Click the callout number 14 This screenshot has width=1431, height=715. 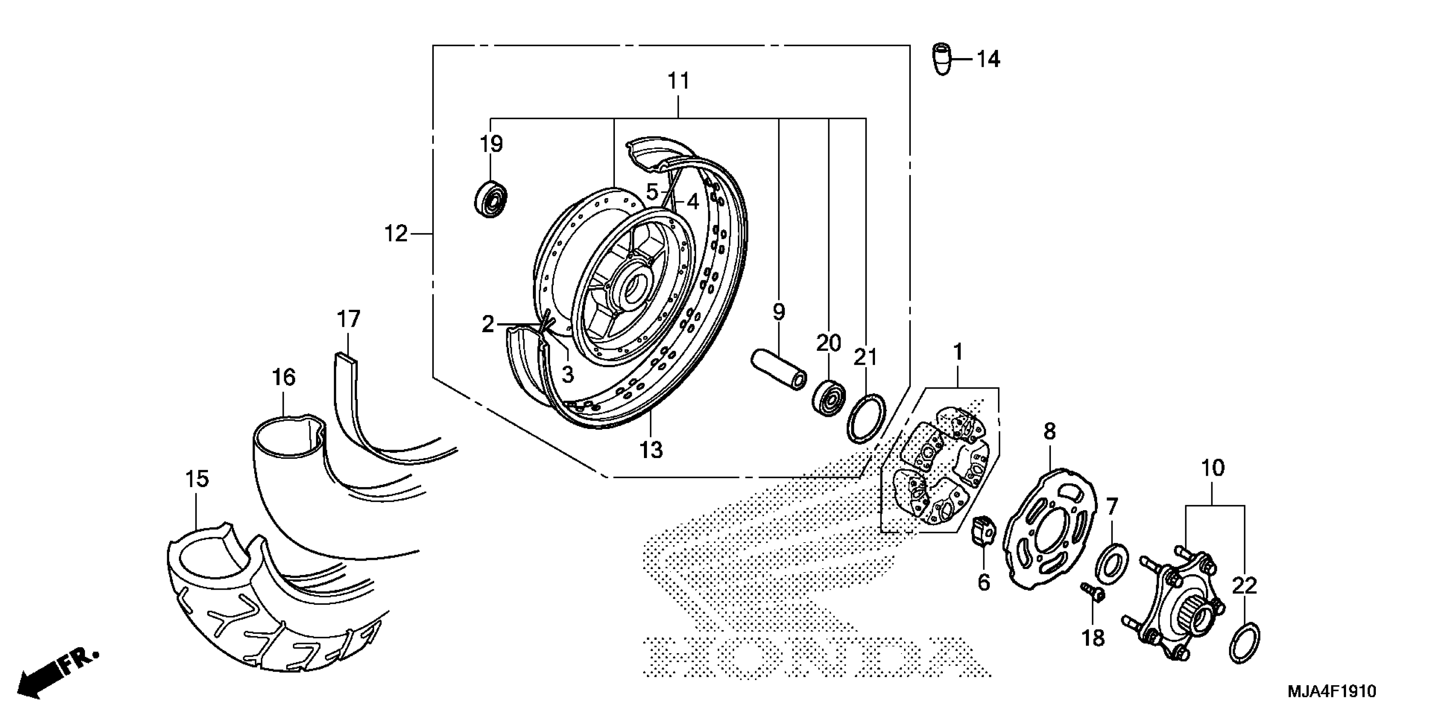click(x=988, y=59)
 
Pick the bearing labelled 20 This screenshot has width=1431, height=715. click(x=829, y=397)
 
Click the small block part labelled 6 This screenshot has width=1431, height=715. click(x=983, y=532)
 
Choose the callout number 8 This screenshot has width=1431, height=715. click(x=1049, y=432)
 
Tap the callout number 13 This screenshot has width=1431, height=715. click(x=651, y=450)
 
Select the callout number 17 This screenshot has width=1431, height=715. click(x=348, y=319)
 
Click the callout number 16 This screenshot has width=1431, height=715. click(x=283, y=378)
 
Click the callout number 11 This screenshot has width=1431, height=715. click(x=678, y=81)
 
